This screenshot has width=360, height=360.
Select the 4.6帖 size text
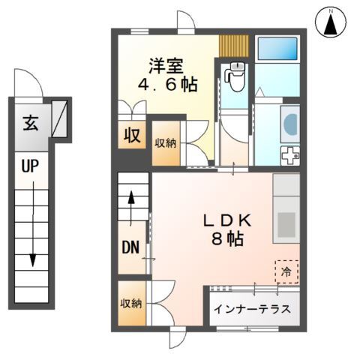click(166, 85)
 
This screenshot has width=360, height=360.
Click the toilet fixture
click(236, 77)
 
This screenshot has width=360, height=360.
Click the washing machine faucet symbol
click(289, 156)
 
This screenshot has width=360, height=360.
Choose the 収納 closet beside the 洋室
click(166, 142)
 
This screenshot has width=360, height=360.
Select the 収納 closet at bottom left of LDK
click(131, 304)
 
